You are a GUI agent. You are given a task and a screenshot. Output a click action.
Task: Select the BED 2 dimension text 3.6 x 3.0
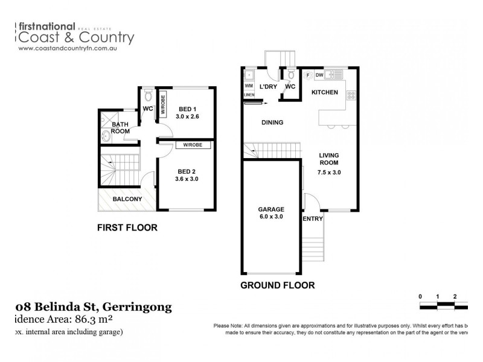(x=187, y=179)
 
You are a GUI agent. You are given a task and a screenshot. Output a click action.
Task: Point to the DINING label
(x=272, y=122)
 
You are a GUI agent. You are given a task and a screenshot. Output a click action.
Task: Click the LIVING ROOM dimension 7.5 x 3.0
(x=330, y=173)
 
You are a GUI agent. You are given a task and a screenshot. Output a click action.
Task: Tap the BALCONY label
(x=127, y=199)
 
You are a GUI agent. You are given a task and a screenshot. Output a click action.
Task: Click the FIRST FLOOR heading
(x=127, y=228)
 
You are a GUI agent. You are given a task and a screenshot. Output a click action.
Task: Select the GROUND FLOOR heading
(x=277, y=285)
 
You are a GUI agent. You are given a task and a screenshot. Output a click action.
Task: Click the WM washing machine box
(x=249, y=86)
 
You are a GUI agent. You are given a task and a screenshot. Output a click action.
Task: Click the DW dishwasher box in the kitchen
(x=319, y=75)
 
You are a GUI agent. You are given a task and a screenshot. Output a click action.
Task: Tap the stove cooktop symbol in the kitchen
(x=351, y=96)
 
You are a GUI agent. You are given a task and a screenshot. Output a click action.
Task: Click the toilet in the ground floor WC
(x=291, y=75)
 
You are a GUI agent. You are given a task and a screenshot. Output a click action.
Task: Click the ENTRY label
(x=313, y=219)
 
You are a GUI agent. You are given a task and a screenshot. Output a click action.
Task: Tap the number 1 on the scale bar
(x=437, y=296)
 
